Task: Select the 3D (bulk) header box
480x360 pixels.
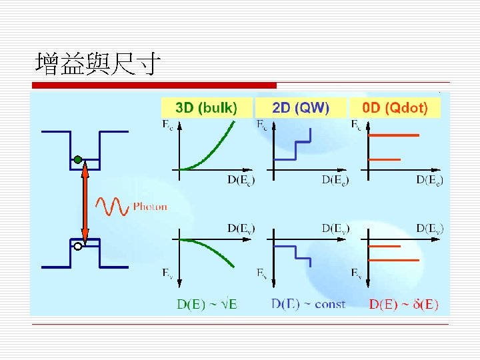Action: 207,107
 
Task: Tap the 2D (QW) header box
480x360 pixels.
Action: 301,107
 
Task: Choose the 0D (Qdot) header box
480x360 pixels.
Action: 395,107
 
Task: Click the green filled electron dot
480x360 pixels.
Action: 78,159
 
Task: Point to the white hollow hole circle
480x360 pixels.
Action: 78,247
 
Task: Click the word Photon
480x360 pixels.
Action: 150,207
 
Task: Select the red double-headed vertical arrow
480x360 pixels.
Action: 85,203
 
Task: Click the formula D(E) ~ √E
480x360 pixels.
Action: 207,305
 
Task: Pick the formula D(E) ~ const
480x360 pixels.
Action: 308,304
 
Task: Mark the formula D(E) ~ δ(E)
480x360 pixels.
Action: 403,305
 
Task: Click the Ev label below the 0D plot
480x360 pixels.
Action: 357,273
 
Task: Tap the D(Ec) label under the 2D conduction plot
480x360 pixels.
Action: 335,179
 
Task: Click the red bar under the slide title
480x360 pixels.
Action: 154,85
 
